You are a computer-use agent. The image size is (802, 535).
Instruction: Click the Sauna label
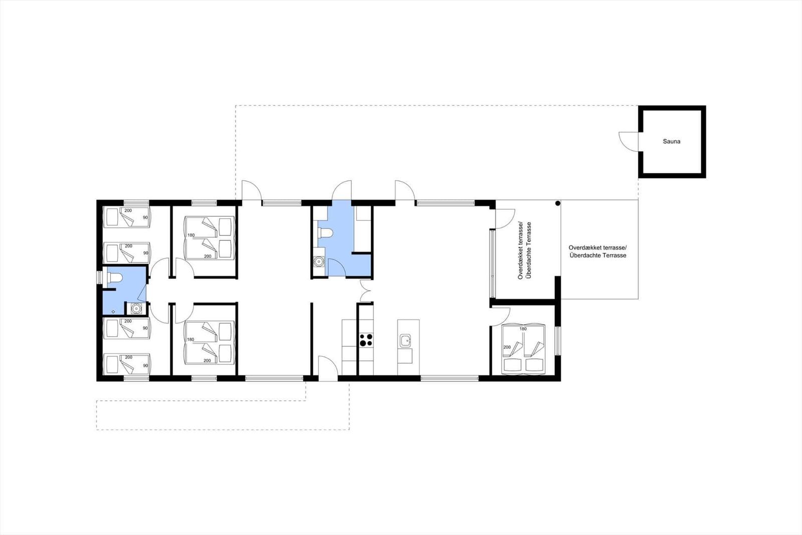[671, 142]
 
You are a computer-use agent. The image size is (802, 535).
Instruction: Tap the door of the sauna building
[628, 141]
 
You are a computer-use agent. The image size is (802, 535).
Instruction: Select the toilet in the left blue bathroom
[114, 278]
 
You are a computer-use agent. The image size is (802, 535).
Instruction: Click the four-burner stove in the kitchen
[366, 340]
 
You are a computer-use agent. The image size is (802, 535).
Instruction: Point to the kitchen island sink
[405, 341]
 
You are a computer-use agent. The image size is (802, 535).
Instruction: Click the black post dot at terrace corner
[557, 203]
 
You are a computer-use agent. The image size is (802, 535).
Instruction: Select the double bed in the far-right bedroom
[523, 348]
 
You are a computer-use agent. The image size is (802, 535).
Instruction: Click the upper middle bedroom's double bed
[209, 237]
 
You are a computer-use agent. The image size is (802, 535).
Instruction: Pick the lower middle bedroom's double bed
[209, 342]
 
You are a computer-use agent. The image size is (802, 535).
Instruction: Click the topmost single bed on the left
[127, 217]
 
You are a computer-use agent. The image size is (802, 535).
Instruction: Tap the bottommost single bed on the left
[127, 364]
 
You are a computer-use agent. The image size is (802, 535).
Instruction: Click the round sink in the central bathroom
[318, 261]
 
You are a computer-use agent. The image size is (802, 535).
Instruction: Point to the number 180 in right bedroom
[523, 329]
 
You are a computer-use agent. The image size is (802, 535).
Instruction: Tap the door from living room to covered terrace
[504, 217]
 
